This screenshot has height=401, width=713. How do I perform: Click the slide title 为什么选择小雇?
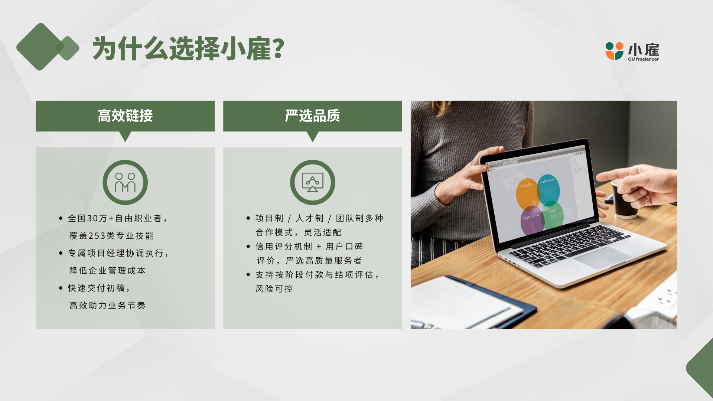pyautogui.click(x=188, y=48)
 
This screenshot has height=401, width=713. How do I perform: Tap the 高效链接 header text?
pyautogui.click(x=125, y=116)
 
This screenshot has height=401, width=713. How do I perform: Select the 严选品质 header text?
pyautogui.click(x=312, y=116)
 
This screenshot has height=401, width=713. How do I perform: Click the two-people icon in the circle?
pyautogui.click(x=125, y=182)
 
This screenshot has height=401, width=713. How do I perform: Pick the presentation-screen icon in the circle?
pyautogui.click(x=312, y=182)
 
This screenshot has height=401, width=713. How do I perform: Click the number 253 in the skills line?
pyautogui.click(x=97, y=236)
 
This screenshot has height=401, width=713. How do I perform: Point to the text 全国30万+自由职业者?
pyautogui.click(x=115, y=218)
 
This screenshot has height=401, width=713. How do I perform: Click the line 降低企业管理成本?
pyautogui.click(x=107, y=271)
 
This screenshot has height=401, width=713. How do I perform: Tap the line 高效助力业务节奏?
pyautogui.click(x=107, y=306)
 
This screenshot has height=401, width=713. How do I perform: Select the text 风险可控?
pyautogui.click(x=274, y=289)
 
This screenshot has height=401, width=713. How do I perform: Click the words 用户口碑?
pyautogui.click(x=344, y=247)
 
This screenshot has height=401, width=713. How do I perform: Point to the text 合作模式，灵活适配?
pyautogui.click(x=298, y=232)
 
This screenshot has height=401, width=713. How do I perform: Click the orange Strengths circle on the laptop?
pyautogui.click(x=527, y=193)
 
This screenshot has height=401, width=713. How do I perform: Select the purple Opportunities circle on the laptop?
pyautogui.click(x=532, y=221)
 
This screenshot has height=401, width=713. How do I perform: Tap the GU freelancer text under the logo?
pyautogui.click(x=643, y=59)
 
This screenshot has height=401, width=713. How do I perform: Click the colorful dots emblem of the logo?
pyautogui.click(x=615, y=51)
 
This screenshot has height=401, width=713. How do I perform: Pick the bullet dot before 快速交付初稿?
pyautogui.click(x=61, y=288)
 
